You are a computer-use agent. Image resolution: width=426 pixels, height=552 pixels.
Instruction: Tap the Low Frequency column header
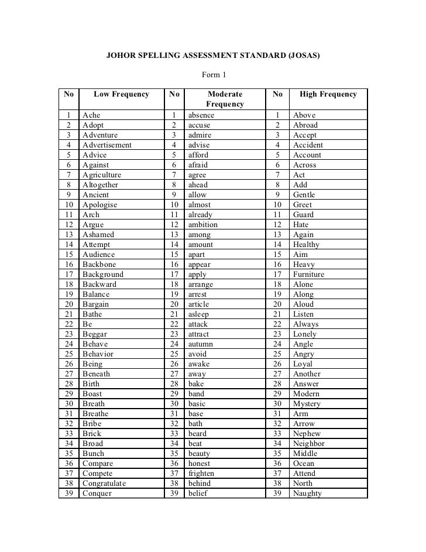point(121,94)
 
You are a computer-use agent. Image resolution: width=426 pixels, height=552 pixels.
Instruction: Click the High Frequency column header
point(328,94)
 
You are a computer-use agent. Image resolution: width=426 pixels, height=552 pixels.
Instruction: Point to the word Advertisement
point(107,145)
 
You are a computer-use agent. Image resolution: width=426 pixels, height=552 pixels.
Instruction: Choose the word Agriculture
point(102,175)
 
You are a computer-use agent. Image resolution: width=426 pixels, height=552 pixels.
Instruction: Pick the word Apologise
point(100,205)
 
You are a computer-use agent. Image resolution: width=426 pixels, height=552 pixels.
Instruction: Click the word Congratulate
point(104,484)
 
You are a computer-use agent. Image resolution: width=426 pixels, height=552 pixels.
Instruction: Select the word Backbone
point(99,265)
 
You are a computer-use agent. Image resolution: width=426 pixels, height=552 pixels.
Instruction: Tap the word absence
point(201,115)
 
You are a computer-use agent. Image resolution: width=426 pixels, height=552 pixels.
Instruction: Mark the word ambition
point(202,225)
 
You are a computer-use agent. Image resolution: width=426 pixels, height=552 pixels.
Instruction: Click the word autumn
point(201,344)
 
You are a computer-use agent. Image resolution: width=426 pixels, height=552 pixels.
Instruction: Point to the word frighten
point(201,474)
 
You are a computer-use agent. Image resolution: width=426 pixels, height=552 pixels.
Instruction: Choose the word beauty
point(199,454)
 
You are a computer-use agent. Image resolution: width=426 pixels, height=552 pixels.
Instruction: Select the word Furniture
point(308,275)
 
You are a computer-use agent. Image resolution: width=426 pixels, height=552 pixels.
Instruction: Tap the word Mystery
point(307,404)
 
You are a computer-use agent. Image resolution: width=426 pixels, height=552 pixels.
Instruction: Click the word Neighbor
point(308,444)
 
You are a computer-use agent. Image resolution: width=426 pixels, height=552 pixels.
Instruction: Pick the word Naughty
point(307,493)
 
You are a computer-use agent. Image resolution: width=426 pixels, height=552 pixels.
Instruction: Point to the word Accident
point(308,145)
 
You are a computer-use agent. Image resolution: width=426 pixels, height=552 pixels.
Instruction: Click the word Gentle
point(304,195)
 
